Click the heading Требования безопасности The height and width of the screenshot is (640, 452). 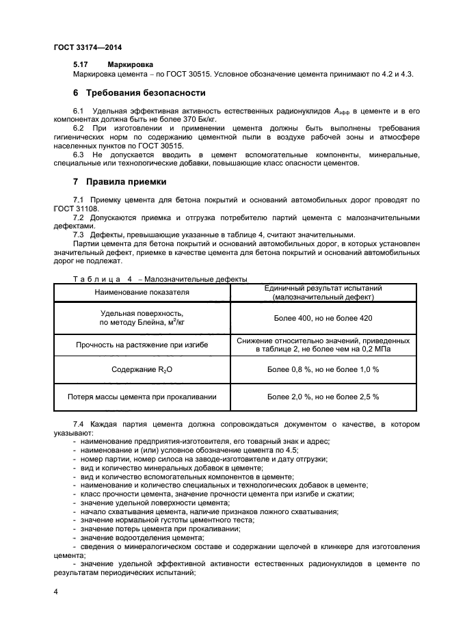click(x=145, y=92)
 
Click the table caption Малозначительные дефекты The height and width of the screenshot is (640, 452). click(x=196, y=279)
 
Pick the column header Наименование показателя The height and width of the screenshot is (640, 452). click(x=142, y=293)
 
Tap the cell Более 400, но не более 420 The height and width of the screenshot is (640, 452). click(x=323, y=319)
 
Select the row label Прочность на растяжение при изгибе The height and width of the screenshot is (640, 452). click(x=142, y=345)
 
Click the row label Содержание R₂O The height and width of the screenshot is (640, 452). click(x=142, y=370)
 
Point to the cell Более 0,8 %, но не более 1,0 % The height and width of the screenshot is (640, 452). click(x=323, y=370)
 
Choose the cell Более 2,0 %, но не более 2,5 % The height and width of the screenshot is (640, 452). click(x=323, y=397)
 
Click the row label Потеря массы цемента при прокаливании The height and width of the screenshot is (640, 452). click(x=142, y=397)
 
